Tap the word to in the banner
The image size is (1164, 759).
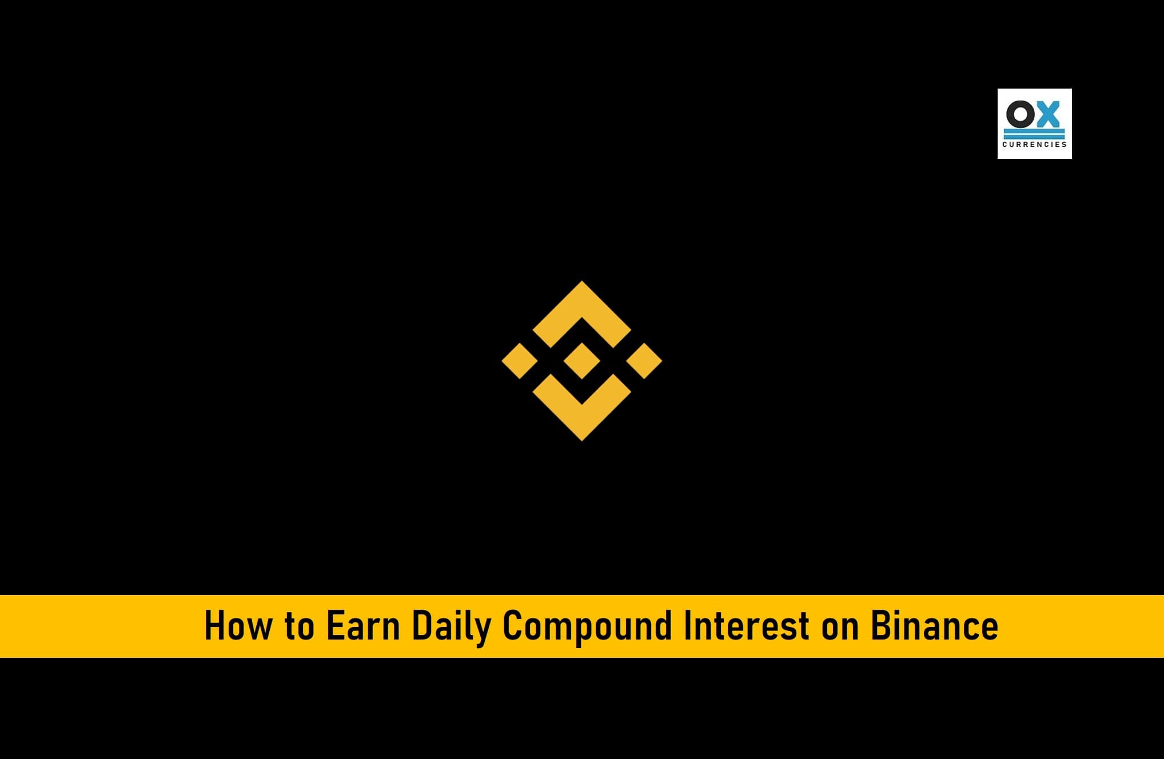tap(299, 626)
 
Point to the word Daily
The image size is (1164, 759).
tap(451, 628)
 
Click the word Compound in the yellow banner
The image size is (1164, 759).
tap(587, 628)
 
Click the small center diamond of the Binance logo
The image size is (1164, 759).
tap(582, 361)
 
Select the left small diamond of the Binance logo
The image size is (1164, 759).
tap(520, 361)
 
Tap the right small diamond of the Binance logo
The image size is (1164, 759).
tap(644, 361)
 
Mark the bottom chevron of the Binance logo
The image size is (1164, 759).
tap(582, 424)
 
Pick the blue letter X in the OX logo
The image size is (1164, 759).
tap(1047, 114)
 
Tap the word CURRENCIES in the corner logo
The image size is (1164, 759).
tap(1034, 145)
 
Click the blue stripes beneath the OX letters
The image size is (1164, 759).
tap(1034, 134)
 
